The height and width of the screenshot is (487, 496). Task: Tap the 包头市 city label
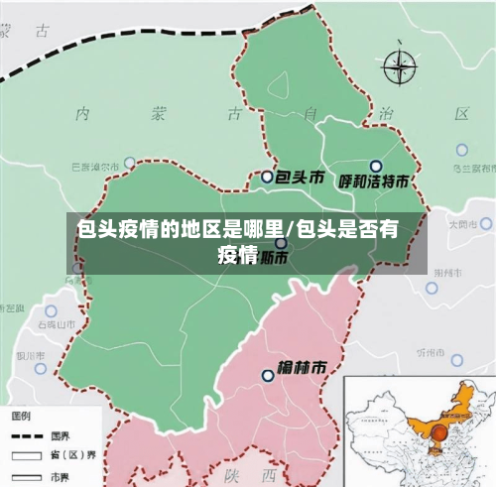300,178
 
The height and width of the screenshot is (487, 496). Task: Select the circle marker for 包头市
267,177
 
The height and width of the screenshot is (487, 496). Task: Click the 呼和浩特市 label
375,182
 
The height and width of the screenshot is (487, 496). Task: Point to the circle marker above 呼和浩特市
375,166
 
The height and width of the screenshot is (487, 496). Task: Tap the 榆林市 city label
302,367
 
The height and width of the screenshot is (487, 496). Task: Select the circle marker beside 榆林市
267,375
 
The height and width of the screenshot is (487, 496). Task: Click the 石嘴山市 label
57,324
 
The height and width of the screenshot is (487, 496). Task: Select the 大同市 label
462,225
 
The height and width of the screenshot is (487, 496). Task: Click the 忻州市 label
432,352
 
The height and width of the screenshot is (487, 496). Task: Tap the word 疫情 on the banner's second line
238,257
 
